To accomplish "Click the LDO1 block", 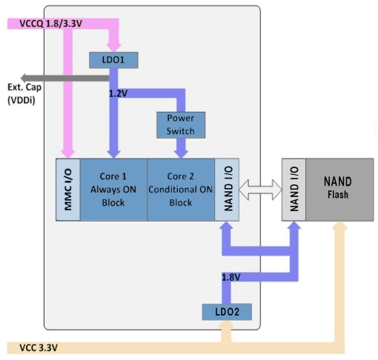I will pyautogui.click(x=113, y=58).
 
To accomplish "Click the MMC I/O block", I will pyautogui.click(x=68, y=189).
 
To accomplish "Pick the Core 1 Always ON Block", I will pyautogui.click(x=113, y=189).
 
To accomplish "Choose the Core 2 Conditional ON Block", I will pyautogui.click(x=182, y=189).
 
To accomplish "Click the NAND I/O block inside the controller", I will pyautogui.click(x=228, y=189).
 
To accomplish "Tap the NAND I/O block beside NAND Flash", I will pyautogui.click(x=293, y=189).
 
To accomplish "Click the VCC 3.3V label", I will pyautogui.click(x=33, y=347).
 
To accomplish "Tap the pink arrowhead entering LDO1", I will pyautogui.click(x=113, y=45).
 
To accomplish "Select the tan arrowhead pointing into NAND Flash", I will pyautogui.click(x=340, y=227).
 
